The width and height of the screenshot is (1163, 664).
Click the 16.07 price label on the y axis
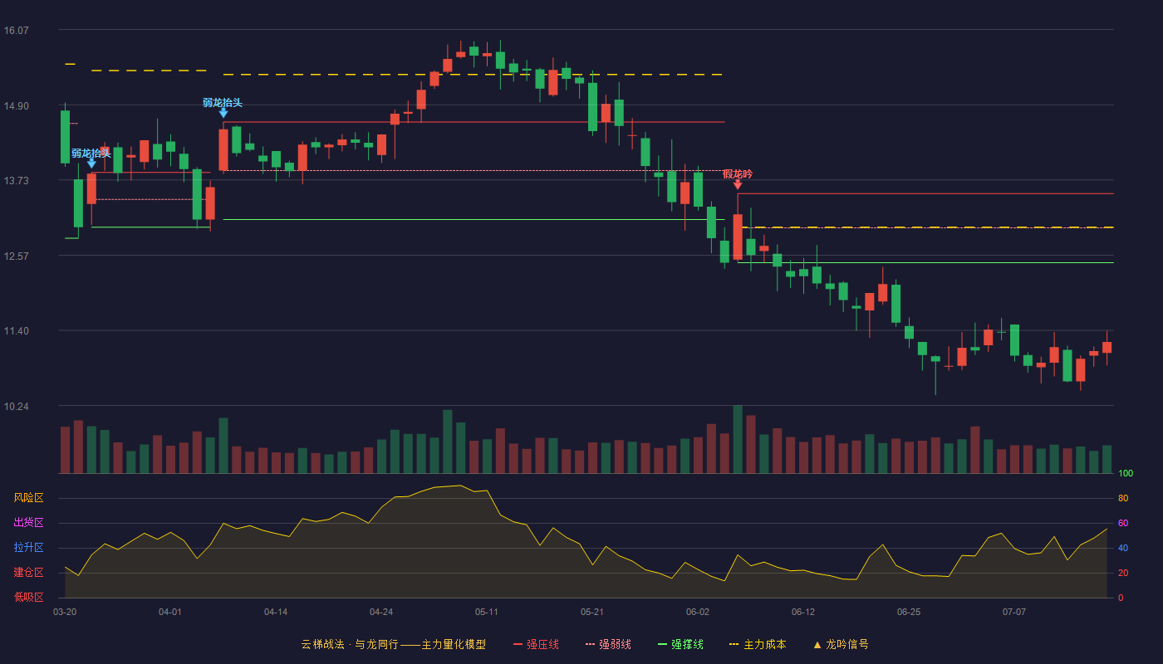(16, 30)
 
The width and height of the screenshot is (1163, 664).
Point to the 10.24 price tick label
(16, 406)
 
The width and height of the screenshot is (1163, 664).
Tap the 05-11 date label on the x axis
(487, 613)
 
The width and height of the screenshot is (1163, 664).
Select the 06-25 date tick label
(909, 613)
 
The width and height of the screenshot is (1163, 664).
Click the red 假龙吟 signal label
(738, 173)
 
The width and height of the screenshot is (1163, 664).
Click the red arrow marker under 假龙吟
(738, 184)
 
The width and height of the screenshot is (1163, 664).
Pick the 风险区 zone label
(28, 498)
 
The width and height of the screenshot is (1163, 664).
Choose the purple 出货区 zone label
(28, 522)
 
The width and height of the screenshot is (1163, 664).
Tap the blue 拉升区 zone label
(28, 547)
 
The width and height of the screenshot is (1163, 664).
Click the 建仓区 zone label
(28, 572)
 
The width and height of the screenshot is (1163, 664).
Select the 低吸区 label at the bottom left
(28, 597)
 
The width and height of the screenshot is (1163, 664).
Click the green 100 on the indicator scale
(1126, 473)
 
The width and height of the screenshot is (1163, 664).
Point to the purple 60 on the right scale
(1123, 523)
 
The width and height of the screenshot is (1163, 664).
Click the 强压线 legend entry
(536, 644)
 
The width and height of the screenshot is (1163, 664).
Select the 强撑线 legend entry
(680, 644)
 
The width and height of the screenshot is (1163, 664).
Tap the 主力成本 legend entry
(758, 644)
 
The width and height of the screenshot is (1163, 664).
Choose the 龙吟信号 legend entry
(841, 644)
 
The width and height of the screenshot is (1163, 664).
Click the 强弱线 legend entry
(608, 644)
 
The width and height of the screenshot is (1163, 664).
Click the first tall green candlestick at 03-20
(65, 137)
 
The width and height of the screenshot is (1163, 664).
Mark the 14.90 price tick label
(16, 106)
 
